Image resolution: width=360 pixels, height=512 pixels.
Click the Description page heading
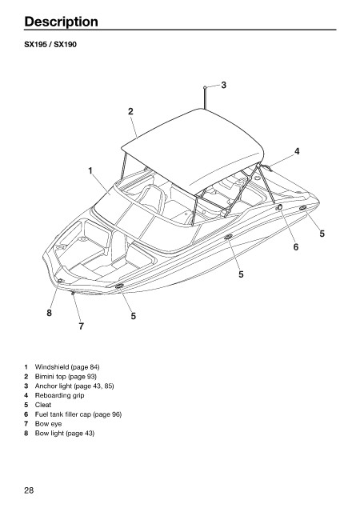(x=61, y=22)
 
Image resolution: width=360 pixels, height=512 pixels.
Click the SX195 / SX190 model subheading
(x=50, y=45)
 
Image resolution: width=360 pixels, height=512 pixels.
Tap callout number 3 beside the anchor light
(x=223, y=85)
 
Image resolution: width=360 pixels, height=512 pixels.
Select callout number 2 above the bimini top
(x=130, y=111)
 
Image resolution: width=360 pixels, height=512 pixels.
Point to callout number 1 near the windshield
(x=90, y=170)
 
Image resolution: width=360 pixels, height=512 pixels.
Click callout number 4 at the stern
(x=297, y=151)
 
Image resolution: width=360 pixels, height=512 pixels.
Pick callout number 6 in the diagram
(x=296, y=247)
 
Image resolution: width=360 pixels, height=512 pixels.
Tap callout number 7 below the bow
(x=82, y=326)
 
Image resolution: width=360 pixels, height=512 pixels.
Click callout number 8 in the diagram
(x=49, y=313)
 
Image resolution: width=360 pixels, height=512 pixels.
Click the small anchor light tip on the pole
(x=205, y=87)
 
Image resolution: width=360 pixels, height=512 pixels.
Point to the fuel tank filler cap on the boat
(x=280, y=206)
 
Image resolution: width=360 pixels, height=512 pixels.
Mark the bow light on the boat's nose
(x=60, y=281)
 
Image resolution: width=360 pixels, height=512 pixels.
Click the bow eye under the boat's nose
(x=73, y=293)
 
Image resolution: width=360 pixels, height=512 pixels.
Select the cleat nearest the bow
(x=119, y=286)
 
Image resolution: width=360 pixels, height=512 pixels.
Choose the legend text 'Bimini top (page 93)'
(x=66, y=377)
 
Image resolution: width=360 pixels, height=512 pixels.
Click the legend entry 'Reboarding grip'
(x=59, y=395)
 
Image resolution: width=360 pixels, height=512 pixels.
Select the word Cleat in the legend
(x=43, y=405)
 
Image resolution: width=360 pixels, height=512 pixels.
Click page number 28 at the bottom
(x=29, y=490)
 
